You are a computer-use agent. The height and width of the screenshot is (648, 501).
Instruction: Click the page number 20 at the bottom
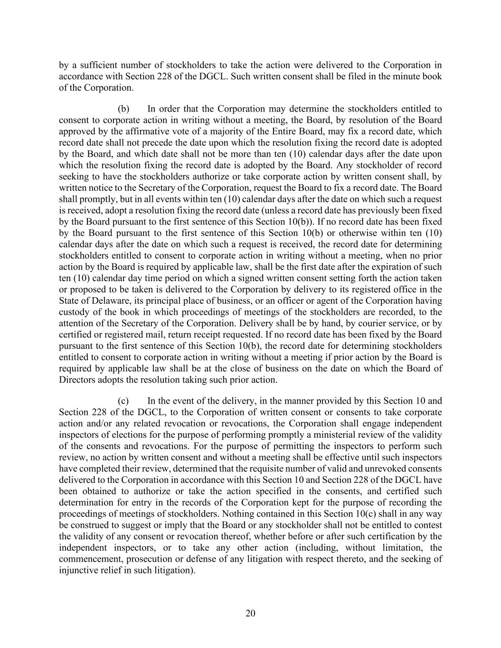click(250, 613)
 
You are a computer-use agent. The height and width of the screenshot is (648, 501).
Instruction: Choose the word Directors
click(77, 380)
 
